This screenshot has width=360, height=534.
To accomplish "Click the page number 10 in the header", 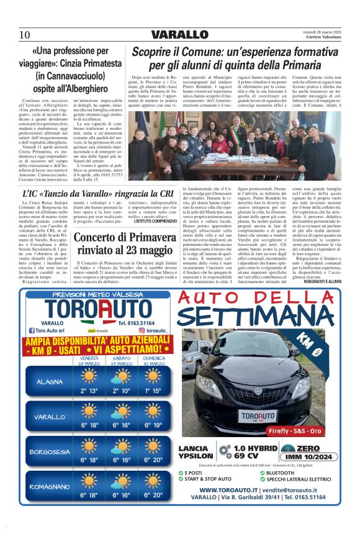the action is click(x=25, y=34).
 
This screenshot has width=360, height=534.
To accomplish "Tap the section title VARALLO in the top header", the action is click(x=180, y=34).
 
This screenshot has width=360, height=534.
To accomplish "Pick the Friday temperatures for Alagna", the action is click(x=89, y=391).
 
